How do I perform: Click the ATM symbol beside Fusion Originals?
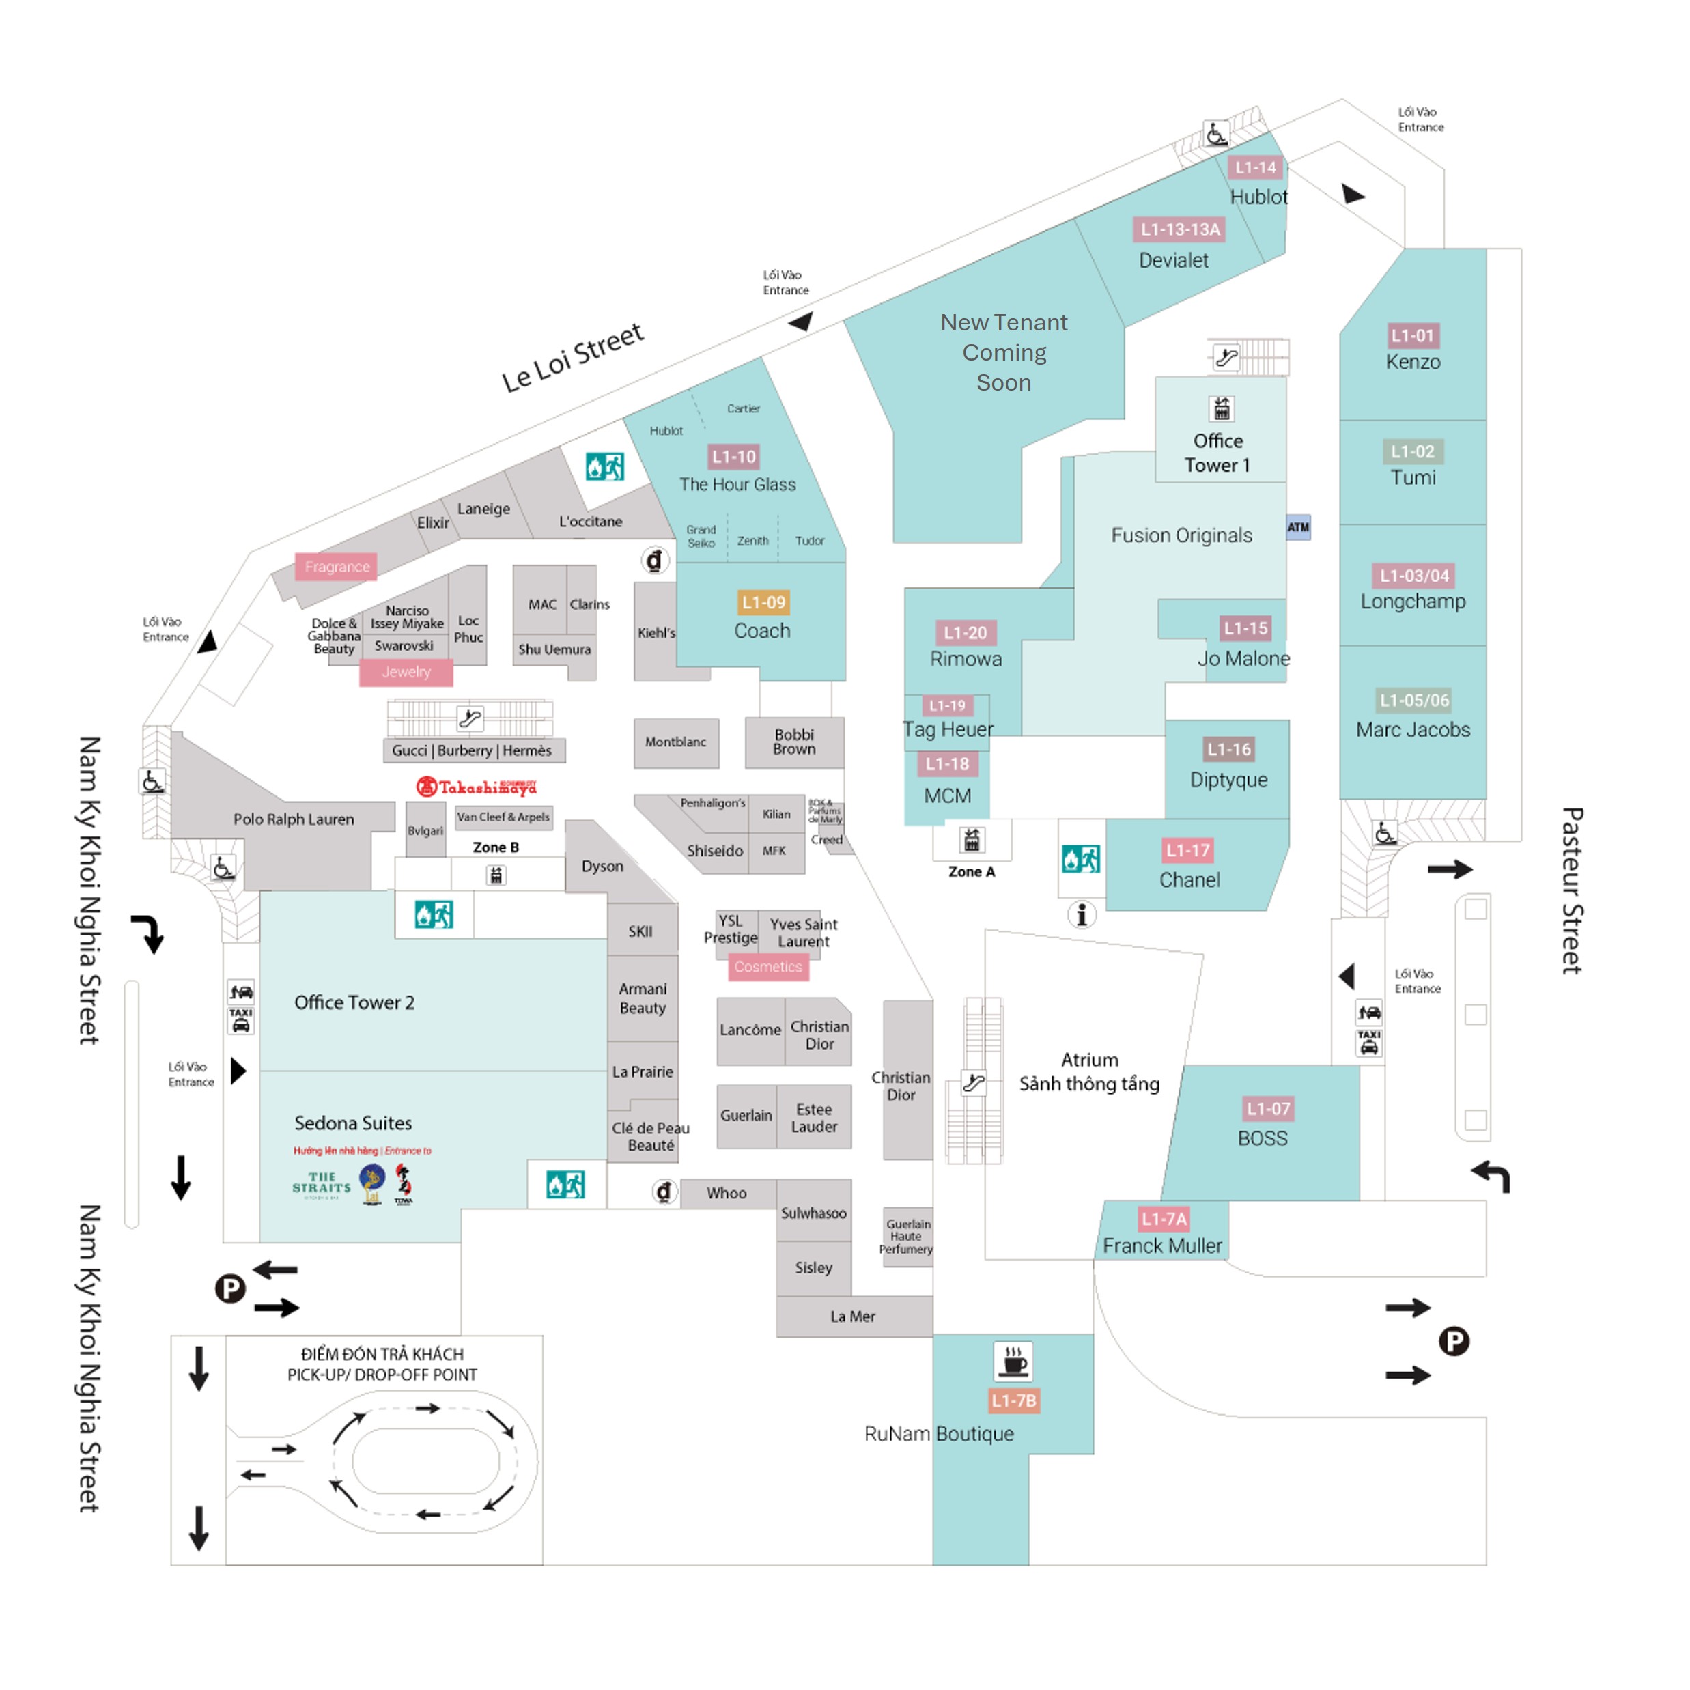(x=1297, y=527)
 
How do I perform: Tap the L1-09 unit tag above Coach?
(x=763, y=603)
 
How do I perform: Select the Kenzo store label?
(x=1412, y=362)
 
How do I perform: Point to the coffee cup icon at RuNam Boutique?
(x=1013, y=1361)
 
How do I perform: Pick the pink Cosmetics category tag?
(x=768, y=967)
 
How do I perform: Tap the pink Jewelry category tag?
(x=406, y=672)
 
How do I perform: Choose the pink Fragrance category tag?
(x=337, y=567)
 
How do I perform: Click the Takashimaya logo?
(x=476, y=787)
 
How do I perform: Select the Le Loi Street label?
(x=572, y=357)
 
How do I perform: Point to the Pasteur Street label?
(x=1571, y=890)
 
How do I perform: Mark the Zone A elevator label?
(x=971, y=872)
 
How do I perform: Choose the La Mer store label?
(x=853, y=1316)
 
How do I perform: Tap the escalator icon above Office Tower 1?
(x=1226, y=357)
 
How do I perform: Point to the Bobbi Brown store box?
(x=793, y=742)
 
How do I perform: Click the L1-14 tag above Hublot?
(x=1255, y=167)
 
